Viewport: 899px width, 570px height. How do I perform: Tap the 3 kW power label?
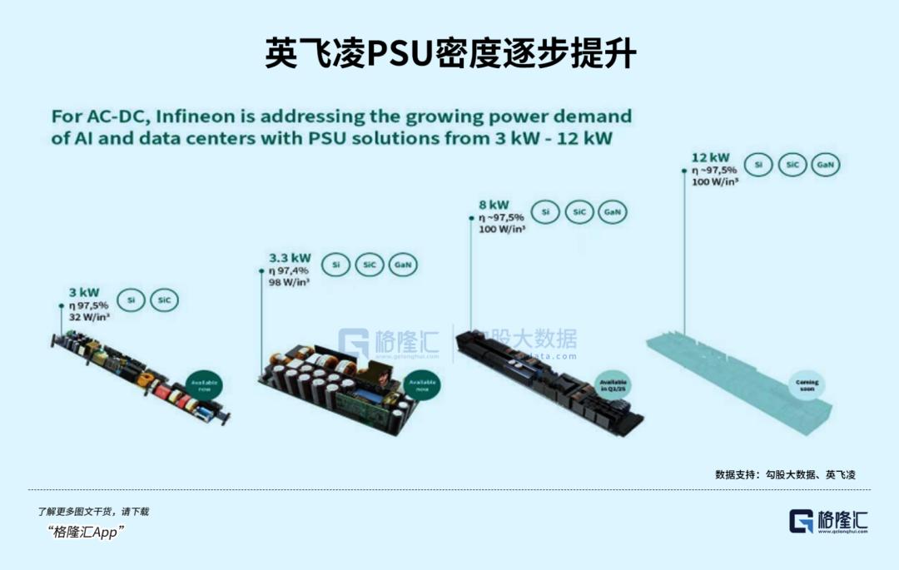coord(84,292)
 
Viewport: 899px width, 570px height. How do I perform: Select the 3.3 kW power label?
coord(290,258)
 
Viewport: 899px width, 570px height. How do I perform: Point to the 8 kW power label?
coord(494,205)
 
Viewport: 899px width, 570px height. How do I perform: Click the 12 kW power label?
coord(710,157)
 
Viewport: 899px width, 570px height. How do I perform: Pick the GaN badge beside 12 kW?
coord(825,165)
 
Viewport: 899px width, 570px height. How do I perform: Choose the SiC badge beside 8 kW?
coord(579,213)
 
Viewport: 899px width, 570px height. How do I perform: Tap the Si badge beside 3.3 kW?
coord(336,265)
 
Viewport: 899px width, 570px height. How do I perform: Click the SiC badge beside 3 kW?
coord(163,300)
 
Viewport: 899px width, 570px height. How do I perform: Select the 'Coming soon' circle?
coord(807,386)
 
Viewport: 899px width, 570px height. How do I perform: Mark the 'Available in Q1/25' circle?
coord(614,385)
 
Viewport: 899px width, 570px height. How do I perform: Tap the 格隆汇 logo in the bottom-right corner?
coord(828,521)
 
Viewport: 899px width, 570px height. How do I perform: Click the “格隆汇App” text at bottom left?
coord(87,533)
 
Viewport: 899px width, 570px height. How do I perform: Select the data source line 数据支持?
coord(785,474)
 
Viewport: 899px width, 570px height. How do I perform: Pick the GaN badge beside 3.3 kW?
coord(403,265)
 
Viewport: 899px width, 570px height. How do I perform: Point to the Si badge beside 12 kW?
coord(758,165)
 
